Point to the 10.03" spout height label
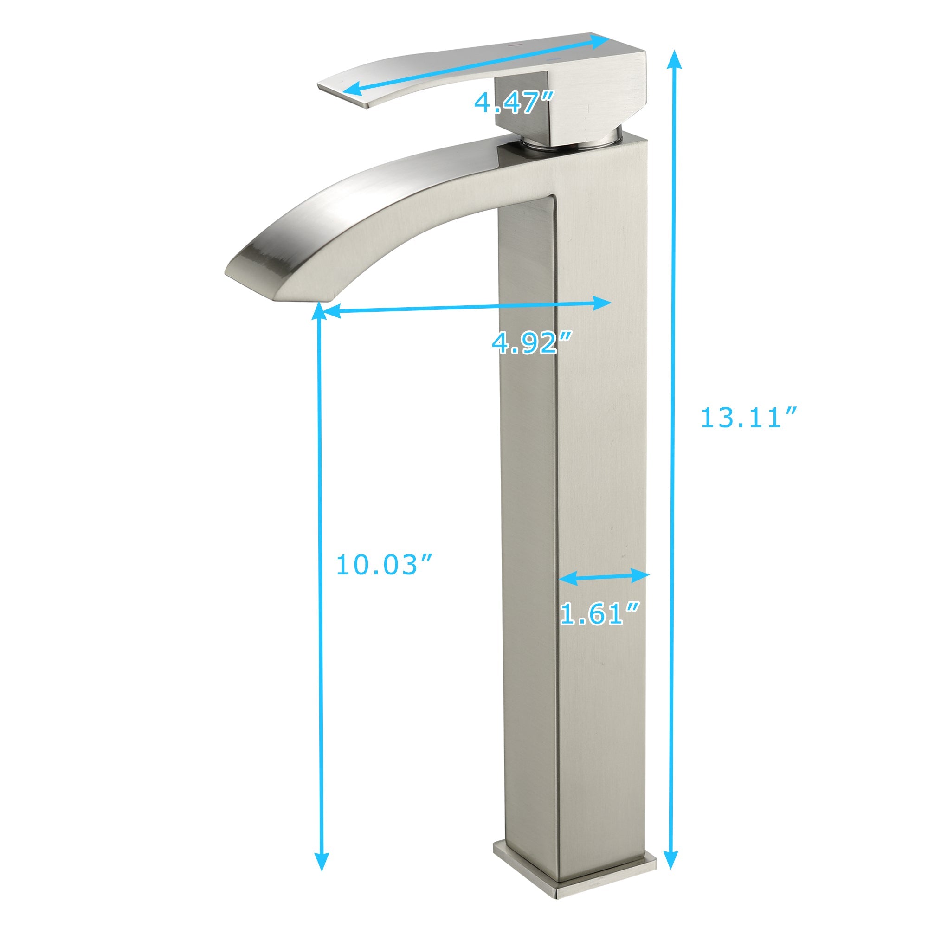coord(384,564)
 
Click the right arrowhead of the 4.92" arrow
coord(603,303)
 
